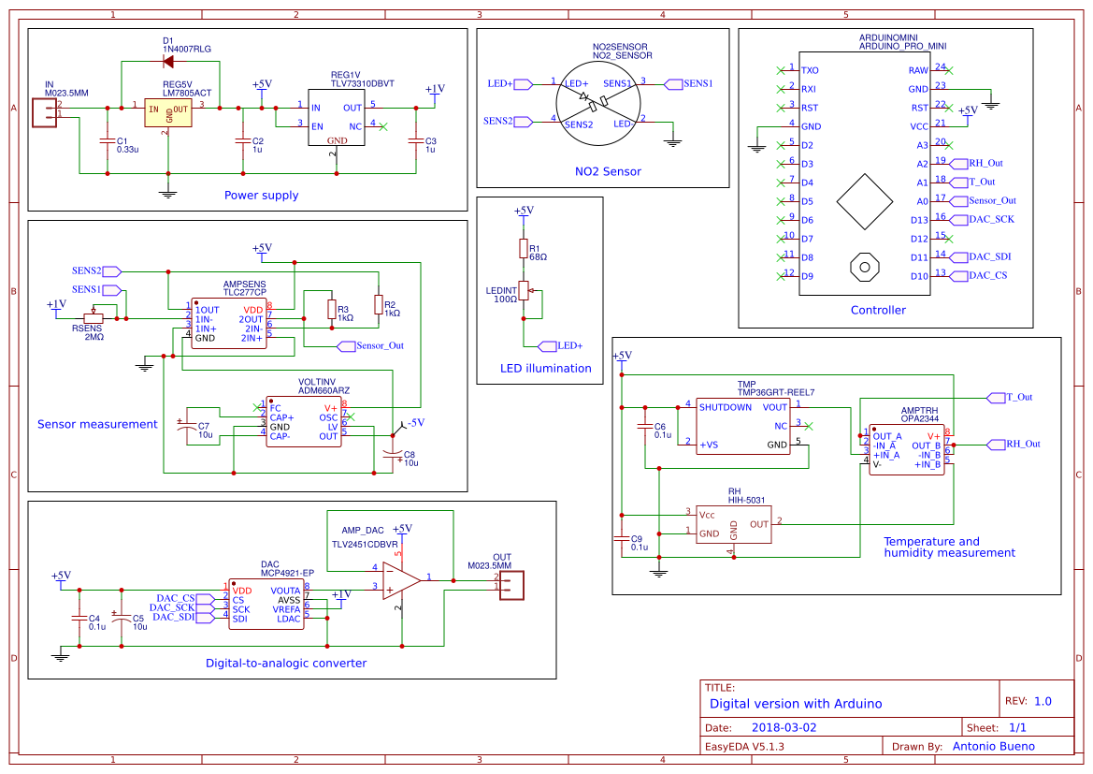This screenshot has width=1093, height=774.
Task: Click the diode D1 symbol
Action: [x=169, y=62]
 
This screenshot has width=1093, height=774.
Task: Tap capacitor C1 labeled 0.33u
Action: [x=107, y=141]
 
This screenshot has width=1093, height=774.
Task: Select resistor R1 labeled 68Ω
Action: [x=524, y=248]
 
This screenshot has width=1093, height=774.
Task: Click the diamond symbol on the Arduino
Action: [x=864, y=201]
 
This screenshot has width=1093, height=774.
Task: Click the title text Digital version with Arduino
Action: [x=795, y=703]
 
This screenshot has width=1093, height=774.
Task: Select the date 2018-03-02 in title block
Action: [x=784, y=727]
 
